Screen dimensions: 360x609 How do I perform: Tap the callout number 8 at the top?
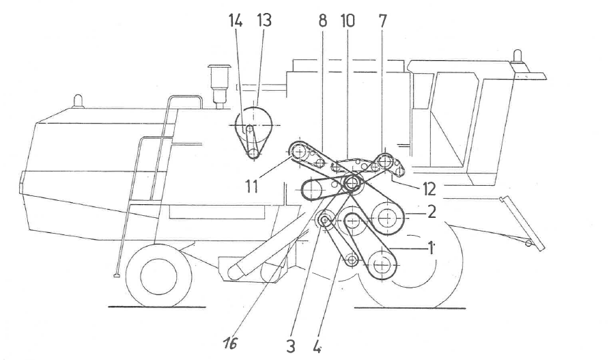coord(323,20)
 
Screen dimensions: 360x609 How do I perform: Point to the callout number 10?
coord(348,20)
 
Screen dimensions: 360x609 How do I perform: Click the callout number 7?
coord(382,20)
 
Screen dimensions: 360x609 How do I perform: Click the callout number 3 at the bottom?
coord(291,345)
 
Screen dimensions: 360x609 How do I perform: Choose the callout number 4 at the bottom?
coord(317,345)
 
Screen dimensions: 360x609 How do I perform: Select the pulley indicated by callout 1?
coord(381,262)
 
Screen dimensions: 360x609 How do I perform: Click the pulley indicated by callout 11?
coord(300,150)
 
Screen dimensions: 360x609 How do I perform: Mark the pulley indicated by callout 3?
coord(324,220)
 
